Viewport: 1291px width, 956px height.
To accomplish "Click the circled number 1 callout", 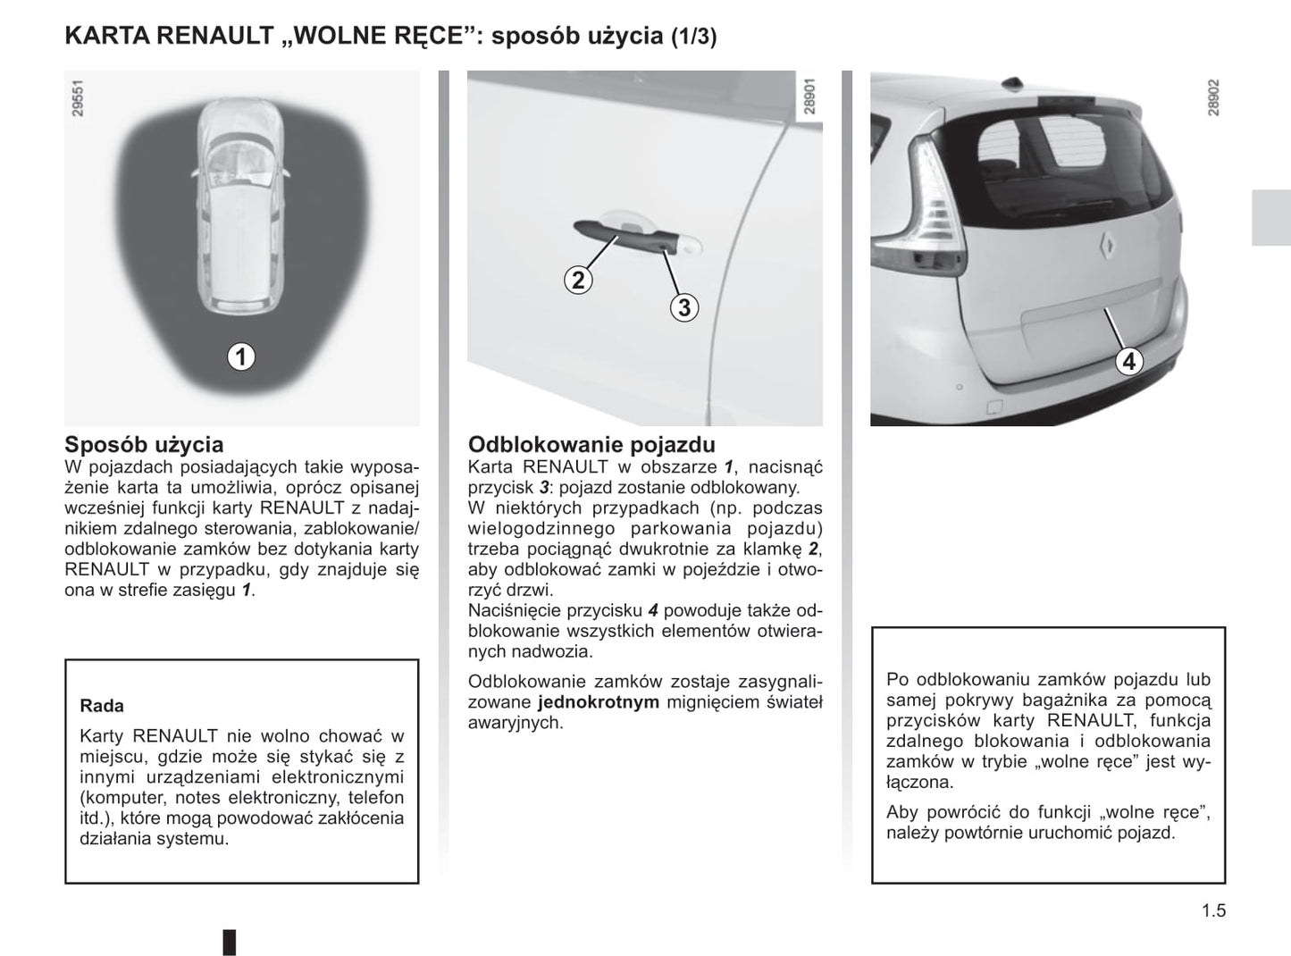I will point(240,356).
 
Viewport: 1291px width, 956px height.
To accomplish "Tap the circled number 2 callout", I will point(578,281).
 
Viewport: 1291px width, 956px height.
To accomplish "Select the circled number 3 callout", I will point(683,308).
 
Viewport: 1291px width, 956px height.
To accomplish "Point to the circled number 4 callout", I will point(1129,362).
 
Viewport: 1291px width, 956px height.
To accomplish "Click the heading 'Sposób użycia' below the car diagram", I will point(144,444).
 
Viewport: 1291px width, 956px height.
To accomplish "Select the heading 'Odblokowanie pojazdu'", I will point(591,444).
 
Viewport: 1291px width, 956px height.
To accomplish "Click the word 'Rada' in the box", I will point(102,706).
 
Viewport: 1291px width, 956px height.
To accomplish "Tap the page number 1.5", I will point(1213,911).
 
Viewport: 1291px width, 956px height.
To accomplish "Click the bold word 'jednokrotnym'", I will point(599,702).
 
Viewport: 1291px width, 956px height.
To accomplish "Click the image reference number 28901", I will point(809,97).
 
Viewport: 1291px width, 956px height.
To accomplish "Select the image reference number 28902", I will point(1212,97).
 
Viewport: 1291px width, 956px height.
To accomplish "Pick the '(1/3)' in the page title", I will point(693,38).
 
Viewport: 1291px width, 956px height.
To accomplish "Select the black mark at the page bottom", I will point(230,942).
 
